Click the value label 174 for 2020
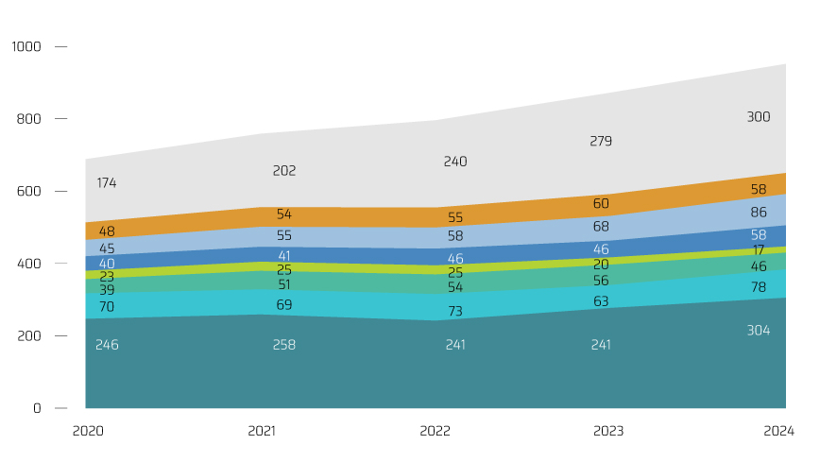[x=107, y=183]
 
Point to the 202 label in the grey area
[x=284, y=171]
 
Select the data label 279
[x=601, y=142]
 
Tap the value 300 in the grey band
[x=759, y=117]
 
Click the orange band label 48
[x=107, y=231]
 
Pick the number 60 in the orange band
[x=601, y=204]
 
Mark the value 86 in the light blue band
[x=759, y=214]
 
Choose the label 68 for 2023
[x=601, y=228]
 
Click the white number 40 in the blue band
[x=107, y=264]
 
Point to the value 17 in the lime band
[x=759, y=250]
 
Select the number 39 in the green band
[x=107, y=290]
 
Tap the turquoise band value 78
[x=759, y=287]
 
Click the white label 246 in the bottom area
[x=107, y=345]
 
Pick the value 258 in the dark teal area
[x=284, y=345]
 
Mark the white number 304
[x=759, y=331]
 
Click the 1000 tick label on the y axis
[x=26, y=46]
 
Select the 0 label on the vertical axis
[x=38, y=408]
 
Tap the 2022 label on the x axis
[x=436, y=432]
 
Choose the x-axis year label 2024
[x=779, y=432]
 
